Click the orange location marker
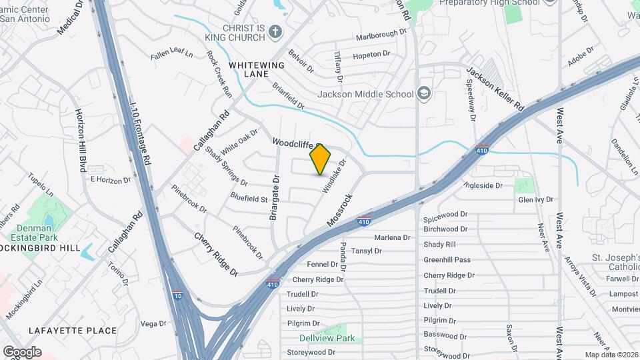click(320, 159)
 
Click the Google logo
click(22, 352)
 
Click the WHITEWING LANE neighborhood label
click(257, 70)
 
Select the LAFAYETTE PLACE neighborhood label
click(73, 330)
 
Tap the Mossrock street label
click(339, 209)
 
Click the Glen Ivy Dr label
click(535, 199)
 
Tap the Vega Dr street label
click(153, 323)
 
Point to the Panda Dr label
click(344, 257)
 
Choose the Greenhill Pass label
click(447, 260)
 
